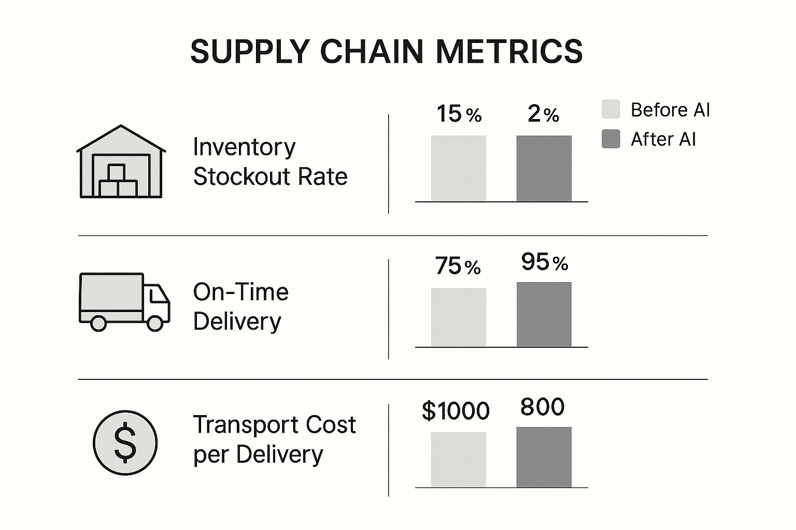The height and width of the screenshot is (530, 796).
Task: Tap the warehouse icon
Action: click(121, 162)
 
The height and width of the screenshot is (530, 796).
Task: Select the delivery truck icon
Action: click(124, 302)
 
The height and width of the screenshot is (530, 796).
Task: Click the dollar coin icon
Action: click(125, 443)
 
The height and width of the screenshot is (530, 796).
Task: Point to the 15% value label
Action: click(459, 114)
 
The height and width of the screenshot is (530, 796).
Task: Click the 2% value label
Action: click(543, 114)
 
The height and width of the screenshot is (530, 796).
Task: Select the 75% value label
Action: click(458, 266)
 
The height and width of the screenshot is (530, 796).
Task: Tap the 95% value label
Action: click(544, 262)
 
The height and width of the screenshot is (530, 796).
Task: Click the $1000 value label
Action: click(456, 411)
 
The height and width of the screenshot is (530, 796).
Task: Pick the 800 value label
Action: click(542, 407)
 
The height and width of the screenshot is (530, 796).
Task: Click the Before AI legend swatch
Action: click(610, 109)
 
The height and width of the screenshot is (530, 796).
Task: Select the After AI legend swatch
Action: click(610, 139)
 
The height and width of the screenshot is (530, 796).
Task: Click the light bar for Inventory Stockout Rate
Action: click(458, 168)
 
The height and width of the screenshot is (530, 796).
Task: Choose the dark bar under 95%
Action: click(544, 314)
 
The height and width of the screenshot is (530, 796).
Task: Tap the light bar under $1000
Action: click(458, 460)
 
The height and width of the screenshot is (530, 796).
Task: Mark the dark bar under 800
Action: click(544, 457)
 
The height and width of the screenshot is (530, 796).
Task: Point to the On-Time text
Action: click(240, 292)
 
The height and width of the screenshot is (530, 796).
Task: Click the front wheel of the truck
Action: click(155, 323)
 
